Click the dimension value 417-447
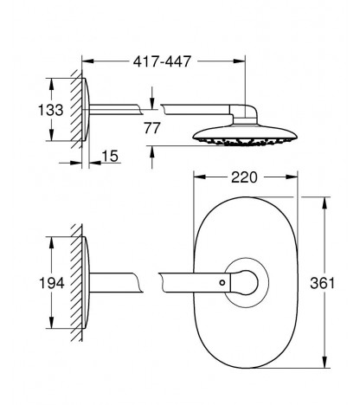[162, 61]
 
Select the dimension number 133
[51, 110]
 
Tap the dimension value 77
[152, 128]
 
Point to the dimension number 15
[110, 156]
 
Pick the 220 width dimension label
[244, 177]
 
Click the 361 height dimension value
[323, 283]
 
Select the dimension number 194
[52, 283]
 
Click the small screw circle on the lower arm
[222, 282]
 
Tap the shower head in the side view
[244, 135]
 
